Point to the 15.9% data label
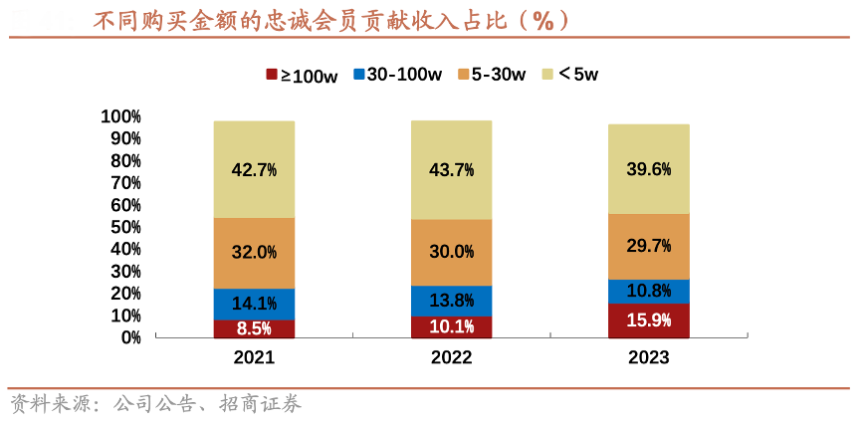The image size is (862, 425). [649, 320]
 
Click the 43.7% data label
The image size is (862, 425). [451, 169]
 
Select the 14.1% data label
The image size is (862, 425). [254, 304]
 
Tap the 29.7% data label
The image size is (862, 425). [649, 246]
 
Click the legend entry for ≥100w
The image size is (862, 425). [302, 75]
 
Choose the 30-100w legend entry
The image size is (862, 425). [397, 75]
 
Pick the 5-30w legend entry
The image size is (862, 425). [491, 75]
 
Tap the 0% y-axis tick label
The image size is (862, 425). [130, 337]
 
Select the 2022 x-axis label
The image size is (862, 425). [451, 357]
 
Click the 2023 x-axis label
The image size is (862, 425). [649, 357]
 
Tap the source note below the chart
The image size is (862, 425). [155, 404]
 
